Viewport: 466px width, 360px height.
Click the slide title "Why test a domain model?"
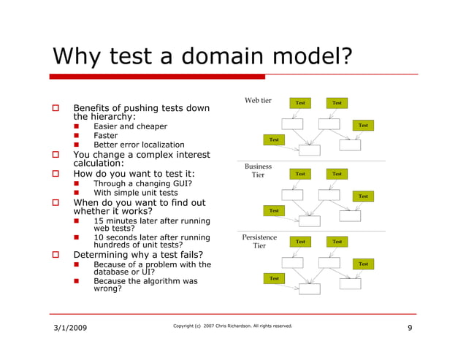(201, 55)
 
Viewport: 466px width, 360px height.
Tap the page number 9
(410, 328)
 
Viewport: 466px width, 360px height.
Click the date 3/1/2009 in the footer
(70, 328)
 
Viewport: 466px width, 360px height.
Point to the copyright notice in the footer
(232, 326)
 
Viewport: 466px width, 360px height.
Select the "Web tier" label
(258, 101)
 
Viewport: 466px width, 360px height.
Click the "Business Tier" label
(258, 171)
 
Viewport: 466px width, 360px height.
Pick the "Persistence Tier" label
(259, 242)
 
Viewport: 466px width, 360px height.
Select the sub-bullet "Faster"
(105, 136)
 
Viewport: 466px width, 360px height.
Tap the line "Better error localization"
(139, 145)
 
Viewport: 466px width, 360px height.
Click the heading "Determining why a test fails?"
(138, 255)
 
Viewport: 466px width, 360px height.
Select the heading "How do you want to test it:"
(134, 174)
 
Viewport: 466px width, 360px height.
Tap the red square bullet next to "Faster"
(76, 136)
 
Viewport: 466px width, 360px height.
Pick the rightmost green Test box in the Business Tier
(363, 196)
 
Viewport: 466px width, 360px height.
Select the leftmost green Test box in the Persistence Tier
(274, 278)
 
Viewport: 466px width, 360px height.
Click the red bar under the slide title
(157, 76)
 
